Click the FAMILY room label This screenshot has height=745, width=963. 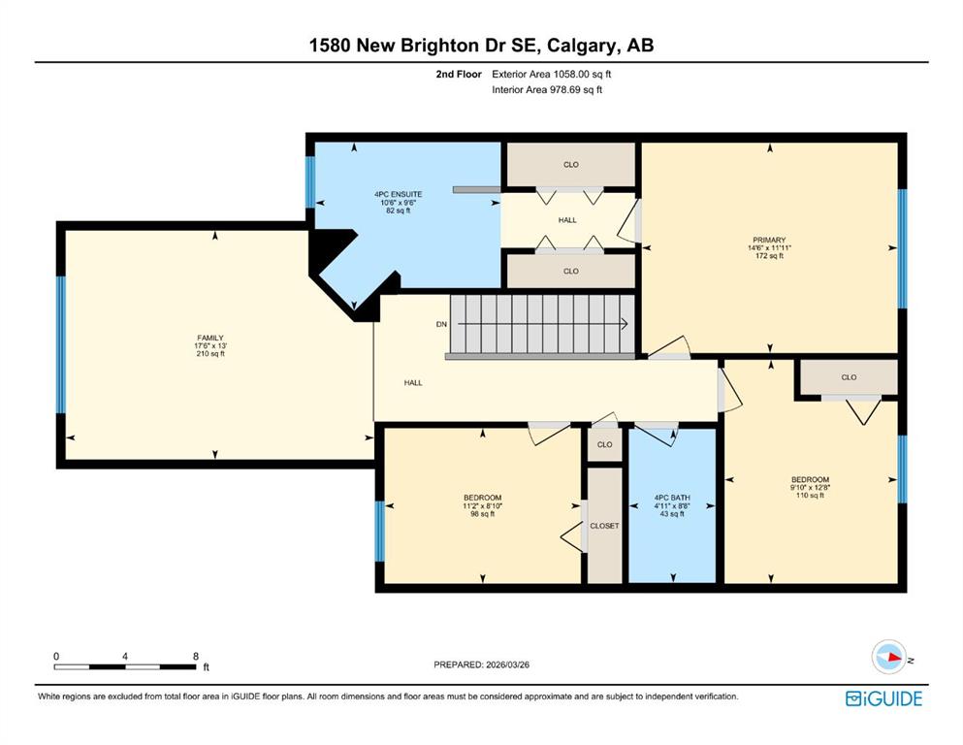[x=210, y=338]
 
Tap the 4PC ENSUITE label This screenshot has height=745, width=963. [x=398, y=194]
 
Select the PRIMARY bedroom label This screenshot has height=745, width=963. [x=769, y=241]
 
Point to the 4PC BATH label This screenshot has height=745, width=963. [x=672, y=498]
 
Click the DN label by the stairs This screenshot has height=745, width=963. [x=441, y=324]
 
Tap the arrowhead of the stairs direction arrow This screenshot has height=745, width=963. [x=624, y=324]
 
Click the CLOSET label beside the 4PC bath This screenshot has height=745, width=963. [x=604, y=526]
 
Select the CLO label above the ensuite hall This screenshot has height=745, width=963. [x=571, y=165]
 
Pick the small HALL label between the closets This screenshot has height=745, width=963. [x=567, y=220]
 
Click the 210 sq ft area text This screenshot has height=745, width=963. [x=210, y=354]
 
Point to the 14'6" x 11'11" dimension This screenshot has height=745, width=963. [x=769, y=248]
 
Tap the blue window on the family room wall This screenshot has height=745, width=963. [x=61, y=344]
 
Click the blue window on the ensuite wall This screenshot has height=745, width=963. [x=310, y=181]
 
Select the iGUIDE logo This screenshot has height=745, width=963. [x=883, y=699]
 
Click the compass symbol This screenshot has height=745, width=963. [x=888, y=657]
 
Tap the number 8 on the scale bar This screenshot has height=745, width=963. [x=196, y=656]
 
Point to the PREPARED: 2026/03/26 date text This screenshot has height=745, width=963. [x=481, y=664]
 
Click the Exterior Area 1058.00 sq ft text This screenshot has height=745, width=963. [x=552, y=75]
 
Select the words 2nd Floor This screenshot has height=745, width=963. [x=459, y=75]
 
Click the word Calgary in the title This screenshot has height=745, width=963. [x=582, y=46]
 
